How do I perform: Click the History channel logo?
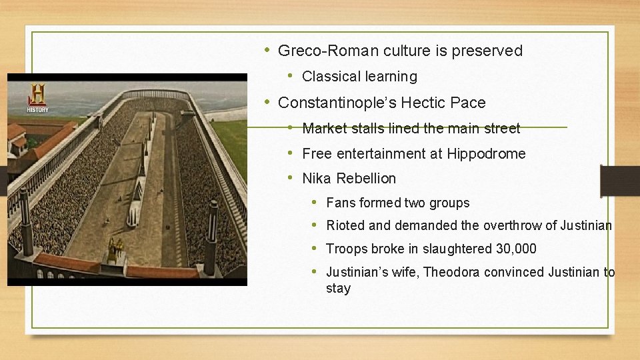(x=37, y=97)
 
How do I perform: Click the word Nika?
(x=317, y=179)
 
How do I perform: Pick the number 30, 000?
(x=516, y=249)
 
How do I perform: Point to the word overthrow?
(x=518, y=226)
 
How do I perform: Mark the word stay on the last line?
(x=338, y=289)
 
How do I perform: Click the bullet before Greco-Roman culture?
(x=267, y=50)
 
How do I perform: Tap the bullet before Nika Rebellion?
(x=291, y=178)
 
